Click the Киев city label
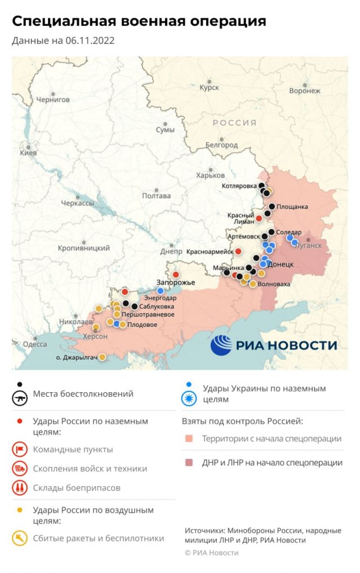[28, 153]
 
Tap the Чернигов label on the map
[53, 99]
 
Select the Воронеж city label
[304, 91]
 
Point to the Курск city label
[209, 88]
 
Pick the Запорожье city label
[176, 282]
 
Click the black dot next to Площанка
[272, 207]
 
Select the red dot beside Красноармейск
[238, 251]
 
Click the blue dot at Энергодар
[161, 291]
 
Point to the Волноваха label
[273, 284]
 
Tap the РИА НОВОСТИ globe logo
[221, 345]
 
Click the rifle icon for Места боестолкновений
[20, 398]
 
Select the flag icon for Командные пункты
[20, 450]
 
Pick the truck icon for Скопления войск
[20, 468]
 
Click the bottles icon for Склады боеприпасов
[20, 487]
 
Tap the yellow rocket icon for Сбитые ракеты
[20, 539]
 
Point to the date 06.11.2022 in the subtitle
[90, 41]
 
